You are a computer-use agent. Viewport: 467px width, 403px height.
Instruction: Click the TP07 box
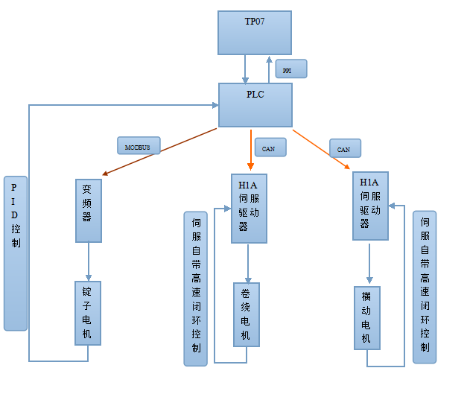pos(254,33)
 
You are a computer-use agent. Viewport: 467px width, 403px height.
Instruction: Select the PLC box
pos(255,105)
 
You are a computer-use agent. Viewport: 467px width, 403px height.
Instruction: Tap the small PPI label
pos(290,69)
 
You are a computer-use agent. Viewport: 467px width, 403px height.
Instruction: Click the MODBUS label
pos(139,146)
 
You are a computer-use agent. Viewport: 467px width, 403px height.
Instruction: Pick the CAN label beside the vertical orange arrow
pos(270,147)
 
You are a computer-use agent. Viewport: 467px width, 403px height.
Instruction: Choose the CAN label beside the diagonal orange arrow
pos(344,148)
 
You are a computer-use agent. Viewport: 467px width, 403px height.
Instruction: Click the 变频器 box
pos(89,210)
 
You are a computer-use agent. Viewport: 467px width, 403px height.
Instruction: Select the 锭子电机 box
pos(87,313)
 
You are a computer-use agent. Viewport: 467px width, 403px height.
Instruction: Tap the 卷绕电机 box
pos(247,314)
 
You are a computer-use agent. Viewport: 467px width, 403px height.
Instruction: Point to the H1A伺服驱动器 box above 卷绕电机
pos(249,209)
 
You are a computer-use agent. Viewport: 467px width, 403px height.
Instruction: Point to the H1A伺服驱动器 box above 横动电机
pos(370,206)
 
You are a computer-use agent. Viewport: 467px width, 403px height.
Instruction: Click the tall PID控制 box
pos(16,253)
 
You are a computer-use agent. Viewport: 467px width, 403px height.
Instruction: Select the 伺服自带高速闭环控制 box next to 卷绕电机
pos(195,288)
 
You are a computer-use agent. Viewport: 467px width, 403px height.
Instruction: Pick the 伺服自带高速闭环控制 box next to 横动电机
pos(425,287)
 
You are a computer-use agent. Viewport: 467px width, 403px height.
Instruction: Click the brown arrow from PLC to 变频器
pos(159,151)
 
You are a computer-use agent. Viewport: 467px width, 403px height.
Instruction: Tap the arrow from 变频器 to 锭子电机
pos(89,261)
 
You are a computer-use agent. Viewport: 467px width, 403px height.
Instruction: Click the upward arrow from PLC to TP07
pos(270,69)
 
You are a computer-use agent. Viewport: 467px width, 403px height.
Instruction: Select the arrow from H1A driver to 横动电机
pos(369,263)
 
